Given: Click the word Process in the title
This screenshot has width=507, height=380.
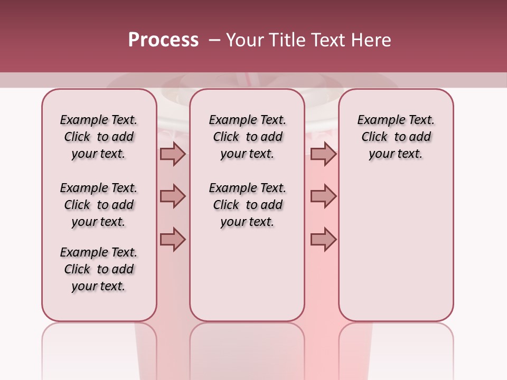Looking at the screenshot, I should [x=163, y=40].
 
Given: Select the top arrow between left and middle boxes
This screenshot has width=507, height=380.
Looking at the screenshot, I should [x=173, y=154].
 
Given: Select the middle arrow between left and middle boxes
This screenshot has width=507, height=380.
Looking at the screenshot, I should [x=173, y=196].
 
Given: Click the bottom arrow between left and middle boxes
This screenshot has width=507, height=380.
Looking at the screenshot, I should [x=173, y=239].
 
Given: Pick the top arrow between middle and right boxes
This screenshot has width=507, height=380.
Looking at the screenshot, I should [x=323, y=154].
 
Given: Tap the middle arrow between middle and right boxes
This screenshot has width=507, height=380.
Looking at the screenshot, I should [x=323, y=196].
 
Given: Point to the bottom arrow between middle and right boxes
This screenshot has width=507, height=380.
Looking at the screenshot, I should [x=323, y=239].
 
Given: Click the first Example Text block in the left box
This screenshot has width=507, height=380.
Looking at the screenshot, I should [x=99, y=137].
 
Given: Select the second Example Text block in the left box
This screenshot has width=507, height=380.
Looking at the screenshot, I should [x=99, y=205].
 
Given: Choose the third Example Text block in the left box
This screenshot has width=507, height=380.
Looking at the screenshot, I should [x=99, y=269].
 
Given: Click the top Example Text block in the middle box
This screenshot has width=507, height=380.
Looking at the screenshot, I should [x=248, y=137].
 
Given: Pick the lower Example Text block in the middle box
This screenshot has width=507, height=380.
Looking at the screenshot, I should [x=248, y=205].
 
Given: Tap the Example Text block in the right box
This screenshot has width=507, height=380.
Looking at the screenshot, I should [x=396, y=137].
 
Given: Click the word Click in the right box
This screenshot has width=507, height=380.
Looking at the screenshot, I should [x=374, y=137].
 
